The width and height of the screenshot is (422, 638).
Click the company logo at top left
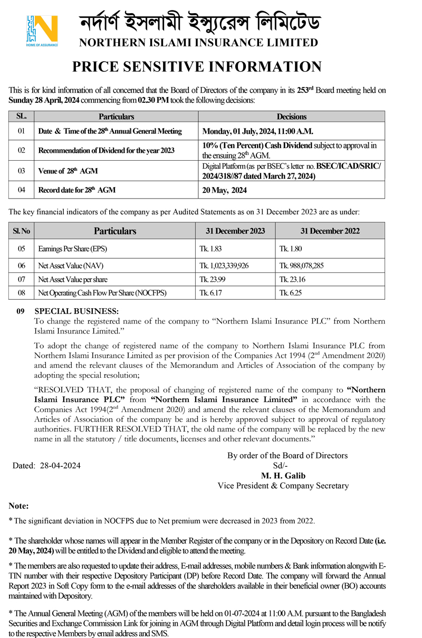42,31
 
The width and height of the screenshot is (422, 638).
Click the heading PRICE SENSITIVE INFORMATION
197,67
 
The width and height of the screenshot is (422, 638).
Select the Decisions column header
291,116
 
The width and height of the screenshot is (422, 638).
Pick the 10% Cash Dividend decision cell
290,150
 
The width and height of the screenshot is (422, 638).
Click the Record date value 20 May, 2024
225,190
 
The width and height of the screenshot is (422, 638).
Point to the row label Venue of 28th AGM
68,171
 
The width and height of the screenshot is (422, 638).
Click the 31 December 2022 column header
330,231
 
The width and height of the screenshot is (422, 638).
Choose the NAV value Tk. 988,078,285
302,266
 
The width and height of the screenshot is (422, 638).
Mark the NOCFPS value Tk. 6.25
292,292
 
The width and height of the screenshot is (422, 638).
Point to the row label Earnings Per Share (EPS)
72,248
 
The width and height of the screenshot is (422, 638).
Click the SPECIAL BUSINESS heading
76,311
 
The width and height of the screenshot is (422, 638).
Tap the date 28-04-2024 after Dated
61,466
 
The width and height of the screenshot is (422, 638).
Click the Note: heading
19,506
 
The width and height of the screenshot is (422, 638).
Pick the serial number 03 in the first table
21,171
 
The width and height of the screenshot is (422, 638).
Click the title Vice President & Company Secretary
283,486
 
